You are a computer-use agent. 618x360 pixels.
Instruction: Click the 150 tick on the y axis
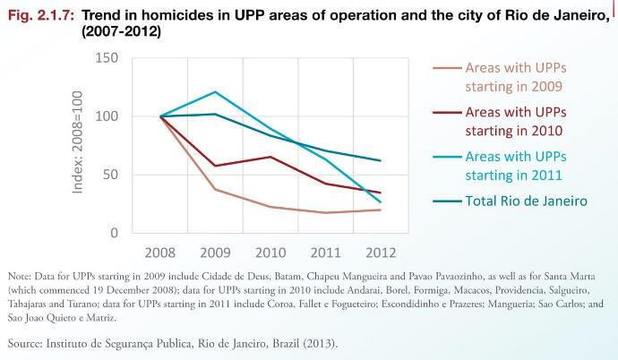[106, 58]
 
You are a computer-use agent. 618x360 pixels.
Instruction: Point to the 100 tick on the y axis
[106, 116]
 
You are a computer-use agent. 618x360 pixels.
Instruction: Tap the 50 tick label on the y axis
[109, 175]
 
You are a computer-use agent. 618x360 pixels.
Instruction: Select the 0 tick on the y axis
[114, 233]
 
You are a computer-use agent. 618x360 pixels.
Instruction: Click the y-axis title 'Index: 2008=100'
[78, 145]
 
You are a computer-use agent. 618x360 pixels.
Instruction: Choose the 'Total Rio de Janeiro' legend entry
[526, 201]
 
